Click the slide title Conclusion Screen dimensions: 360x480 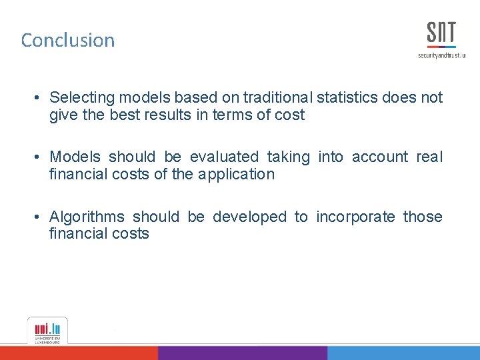68,40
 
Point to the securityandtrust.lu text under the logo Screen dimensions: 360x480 441,55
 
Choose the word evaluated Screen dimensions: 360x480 224,157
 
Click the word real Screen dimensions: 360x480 429,157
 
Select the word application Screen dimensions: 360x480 236,174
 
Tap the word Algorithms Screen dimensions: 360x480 87,217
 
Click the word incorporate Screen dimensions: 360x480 355,217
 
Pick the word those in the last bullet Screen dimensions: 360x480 422,217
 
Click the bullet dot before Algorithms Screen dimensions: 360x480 40,217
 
